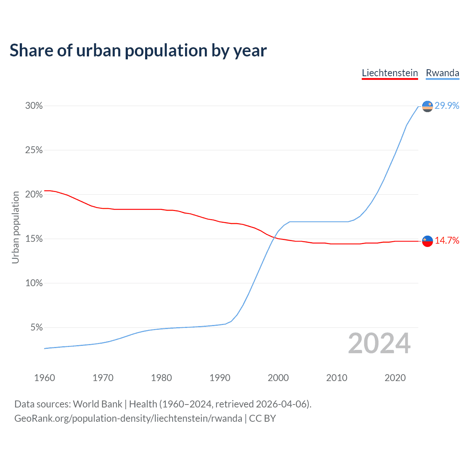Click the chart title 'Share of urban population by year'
pos(138,51)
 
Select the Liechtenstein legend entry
pos(390,73)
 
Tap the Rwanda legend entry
pos(442,73)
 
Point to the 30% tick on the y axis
pos(34,106)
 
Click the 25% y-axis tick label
pos(34,150)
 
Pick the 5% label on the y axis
pos(37,328)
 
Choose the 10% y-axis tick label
pos(34,283)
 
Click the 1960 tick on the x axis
pos(44,378)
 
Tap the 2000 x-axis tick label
pos(278,378)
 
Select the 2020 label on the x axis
pos(395,378)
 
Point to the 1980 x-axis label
pos(161,378)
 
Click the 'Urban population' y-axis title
pos(15,227)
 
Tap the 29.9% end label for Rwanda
pos(447,106)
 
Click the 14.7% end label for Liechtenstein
pos(447,241)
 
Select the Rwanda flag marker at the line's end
pos(428,106)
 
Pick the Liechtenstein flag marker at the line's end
pos(428,241)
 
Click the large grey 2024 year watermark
pos(379,343)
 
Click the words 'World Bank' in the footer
pos(97,404)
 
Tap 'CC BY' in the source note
pos(262,418)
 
